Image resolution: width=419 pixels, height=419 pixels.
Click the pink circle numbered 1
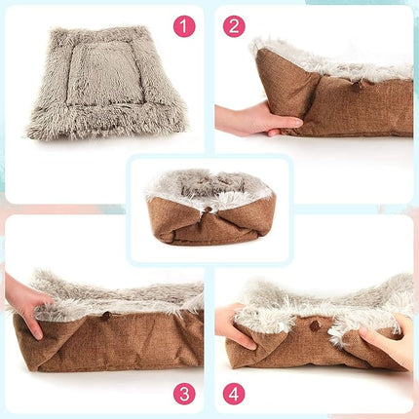point(184,26)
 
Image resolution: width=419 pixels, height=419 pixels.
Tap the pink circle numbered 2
point(234,26)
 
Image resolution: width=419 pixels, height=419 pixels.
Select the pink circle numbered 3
point(184,394)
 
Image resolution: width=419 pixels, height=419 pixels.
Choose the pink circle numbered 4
point(234,394)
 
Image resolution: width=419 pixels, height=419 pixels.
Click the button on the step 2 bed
point(357,85)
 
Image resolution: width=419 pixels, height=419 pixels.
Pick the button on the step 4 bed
point(314,325)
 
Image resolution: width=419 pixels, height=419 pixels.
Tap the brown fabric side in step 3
point(107,341)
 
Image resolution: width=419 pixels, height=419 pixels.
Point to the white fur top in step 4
point(322,297)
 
